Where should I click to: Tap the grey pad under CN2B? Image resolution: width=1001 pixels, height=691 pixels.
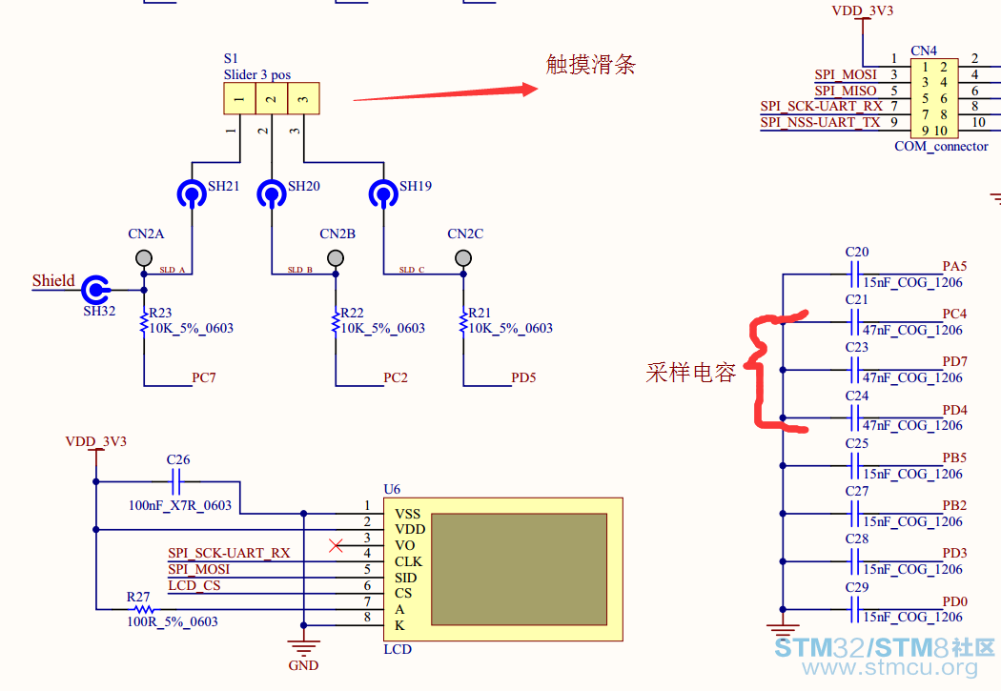point(336,257)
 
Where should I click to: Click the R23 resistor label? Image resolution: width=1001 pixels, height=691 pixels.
point(160,313)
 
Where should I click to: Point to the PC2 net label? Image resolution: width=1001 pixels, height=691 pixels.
point(396,377)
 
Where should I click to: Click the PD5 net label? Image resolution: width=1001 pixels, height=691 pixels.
point(523,377)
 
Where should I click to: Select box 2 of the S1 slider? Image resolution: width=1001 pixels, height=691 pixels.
point(272,98)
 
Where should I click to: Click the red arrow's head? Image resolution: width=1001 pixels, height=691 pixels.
point(530,90)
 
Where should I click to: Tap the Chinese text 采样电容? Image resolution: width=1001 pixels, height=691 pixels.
point(691,373)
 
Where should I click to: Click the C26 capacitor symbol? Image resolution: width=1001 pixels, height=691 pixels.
point(176,481)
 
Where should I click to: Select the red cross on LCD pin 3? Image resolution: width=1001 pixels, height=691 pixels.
point(336,545)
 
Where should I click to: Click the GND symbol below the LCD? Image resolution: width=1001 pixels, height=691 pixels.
point(303,647)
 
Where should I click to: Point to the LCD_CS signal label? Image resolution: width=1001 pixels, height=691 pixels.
point(194,585)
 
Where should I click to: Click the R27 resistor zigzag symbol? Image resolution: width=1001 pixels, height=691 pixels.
point(144,609)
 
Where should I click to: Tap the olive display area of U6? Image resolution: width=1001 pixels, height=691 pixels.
point(519,569)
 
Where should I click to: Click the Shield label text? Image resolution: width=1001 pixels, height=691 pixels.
point(53,281)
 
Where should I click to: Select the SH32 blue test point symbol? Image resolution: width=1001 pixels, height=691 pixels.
point(95,290)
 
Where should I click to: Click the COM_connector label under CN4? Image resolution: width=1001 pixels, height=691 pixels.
point(941,146)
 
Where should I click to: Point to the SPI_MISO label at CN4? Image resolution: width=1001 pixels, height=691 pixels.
point(846,91)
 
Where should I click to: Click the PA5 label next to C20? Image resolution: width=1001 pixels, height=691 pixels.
point(954,266)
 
